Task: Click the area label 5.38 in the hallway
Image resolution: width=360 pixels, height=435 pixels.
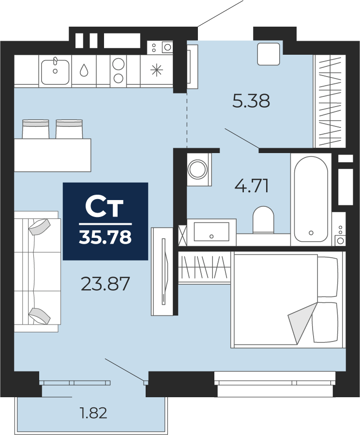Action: click(x=251, y=101)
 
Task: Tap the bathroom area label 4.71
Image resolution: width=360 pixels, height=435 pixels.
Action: click(x=252, y=186)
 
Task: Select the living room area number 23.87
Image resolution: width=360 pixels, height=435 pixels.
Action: click(x=105, y=284)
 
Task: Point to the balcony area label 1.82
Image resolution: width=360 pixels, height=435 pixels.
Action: click(x=93, y=413)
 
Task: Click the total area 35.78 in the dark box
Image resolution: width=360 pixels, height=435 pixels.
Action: click(x=105, y=237)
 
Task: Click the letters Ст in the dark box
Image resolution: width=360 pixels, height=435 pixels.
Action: click(x=104, y=207)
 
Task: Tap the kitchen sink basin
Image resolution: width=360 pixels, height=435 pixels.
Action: click(x=55, y=72)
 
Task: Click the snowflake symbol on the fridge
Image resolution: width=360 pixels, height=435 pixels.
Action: click(x=157, y=70)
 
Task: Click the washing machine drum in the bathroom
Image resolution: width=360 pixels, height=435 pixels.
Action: click(x=197, y=169)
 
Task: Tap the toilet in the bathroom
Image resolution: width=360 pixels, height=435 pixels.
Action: click(x=263, y=219)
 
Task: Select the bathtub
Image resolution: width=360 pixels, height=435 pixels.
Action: click(x=311, y=199)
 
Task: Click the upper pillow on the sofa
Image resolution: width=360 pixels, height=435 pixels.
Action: click(x=40, y=227)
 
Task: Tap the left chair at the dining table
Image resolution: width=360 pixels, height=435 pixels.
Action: click(x=35, y=129)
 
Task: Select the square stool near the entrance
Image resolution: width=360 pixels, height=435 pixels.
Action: click(x=268, y=54)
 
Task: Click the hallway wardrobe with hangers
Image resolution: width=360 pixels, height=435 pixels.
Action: click(x=330, y=101)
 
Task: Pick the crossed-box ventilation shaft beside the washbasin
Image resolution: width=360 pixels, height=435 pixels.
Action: click(x=182, y=235)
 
